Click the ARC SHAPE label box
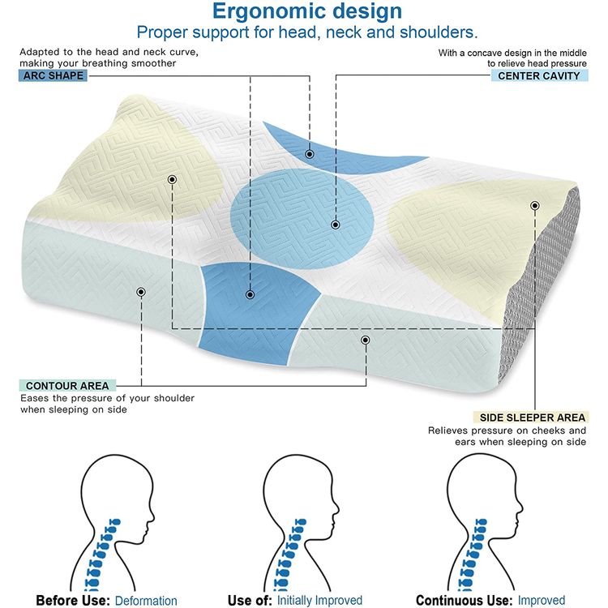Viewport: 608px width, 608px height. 53,75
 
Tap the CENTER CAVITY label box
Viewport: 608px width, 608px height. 539,75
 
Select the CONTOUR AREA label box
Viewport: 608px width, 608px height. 67,386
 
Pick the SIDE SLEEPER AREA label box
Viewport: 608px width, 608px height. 532,417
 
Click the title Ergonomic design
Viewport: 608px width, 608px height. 307,11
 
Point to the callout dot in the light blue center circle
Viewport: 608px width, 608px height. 336,225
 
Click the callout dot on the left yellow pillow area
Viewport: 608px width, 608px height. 172,179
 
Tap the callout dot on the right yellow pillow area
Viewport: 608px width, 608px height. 535,206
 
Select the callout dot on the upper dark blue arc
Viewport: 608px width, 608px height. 310,154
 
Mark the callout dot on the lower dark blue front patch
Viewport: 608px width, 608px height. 250,295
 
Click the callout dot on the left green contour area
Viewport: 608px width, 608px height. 141,292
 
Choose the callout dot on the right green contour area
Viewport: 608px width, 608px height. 366,340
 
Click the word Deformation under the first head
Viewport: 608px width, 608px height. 146,601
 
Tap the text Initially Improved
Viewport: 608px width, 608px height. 319,601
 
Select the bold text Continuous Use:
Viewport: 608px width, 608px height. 465,601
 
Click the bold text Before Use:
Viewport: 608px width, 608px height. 73,601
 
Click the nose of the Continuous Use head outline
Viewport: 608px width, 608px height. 520,507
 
